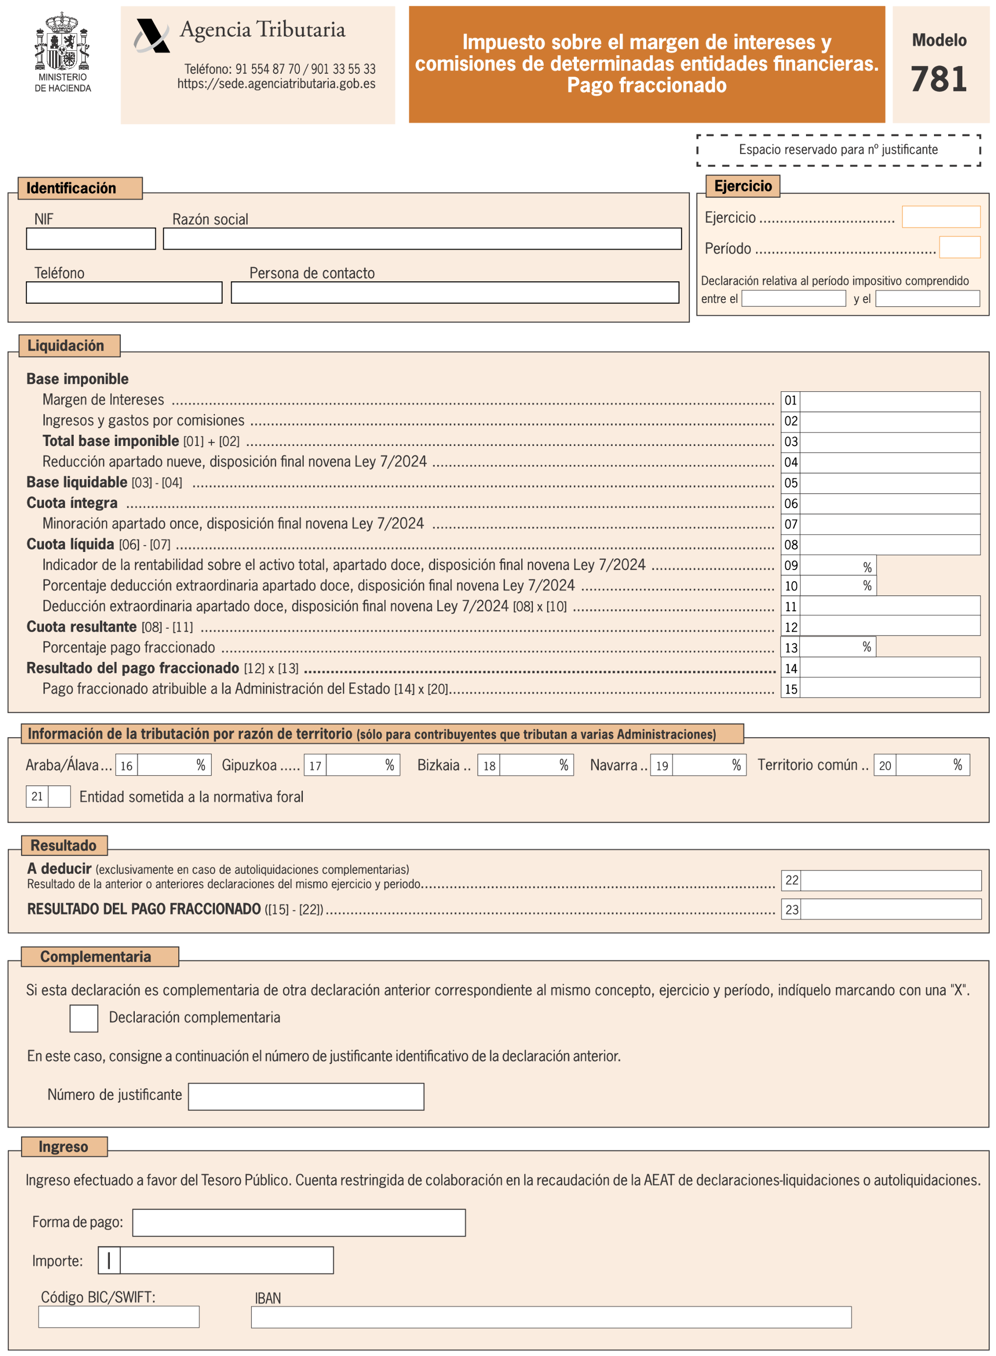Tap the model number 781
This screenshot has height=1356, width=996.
[x=939, y=79]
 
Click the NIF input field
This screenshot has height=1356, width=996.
[x=90, y=239]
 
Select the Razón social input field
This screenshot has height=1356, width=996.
[x=422, y=239]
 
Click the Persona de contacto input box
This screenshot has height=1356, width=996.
[x=455, y=293]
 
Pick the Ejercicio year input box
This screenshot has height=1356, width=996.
[x=940, y=217]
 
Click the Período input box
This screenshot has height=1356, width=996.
[x=959, y=248]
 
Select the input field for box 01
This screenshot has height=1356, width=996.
[x=890, y=402]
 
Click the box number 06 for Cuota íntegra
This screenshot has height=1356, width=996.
[x=790, y=504]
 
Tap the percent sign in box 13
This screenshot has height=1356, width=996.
[x=867, y=647]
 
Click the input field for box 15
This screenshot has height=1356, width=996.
[x=890, y=689]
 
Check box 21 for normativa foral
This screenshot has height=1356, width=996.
[x=59, y=797]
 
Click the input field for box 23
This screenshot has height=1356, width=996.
[x=890, y=909]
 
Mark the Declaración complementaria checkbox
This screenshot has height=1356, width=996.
[x=84, y=1018]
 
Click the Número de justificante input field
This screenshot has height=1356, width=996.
[x=306, y=1097]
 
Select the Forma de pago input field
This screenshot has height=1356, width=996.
[x=298, y=1223]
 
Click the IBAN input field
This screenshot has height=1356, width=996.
[x=551, y=1317]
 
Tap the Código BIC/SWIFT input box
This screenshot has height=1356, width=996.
[x=119, y=1317]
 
